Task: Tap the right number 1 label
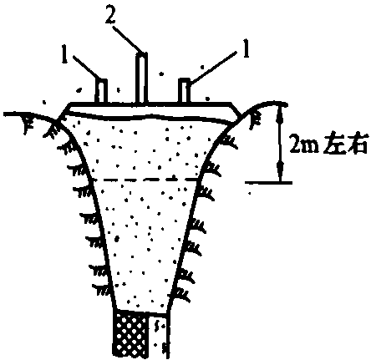pyautogui.click(x=246, y=48)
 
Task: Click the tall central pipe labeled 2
pyautogui.click(x=141, y=77)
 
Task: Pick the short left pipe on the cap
pyautogui.click(x=101, y=90)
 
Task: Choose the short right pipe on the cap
pyautogui.click(x=184, y=90)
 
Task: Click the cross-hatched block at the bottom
pyautogui.click(x=131, y=334)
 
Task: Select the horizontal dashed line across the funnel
pyautogui.click(x=145, y=180)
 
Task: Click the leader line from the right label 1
pyautogui.click(x=212, y=68)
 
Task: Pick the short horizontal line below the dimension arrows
pyautogui.click(x=269, y=183)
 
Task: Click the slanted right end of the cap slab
pyautogui.click(x=236, y=112)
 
